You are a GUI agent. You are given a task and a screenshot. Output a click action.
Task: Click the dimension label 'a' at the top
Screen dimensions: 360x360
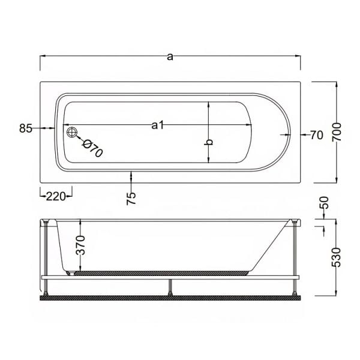click(170, 56)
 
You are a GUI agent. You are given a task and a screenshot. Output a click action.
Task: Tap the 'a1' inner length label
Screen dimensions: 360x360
click(158, 125)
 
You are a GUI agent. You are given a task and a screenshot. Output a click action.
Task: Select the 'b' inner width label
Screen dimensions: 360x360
click(209, 143)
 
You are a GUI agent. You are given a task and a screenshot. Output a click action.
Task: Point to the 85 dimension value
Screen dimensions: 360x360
click(25, 128)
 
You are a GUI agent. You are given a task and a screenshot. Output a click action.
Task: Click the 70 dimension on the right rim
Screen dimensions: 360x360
click(317, 135)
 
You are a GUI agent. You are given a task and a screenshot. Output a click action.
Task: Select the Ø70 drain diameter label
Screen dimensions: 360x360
click(93, 148)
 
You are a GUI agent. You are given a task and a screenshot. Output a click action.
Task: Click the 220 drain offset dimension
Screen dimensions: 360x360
click(55, 195)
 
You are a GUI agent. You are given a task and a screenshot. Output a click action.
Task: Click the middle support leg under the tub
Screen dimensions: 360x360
click(171, 286)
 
